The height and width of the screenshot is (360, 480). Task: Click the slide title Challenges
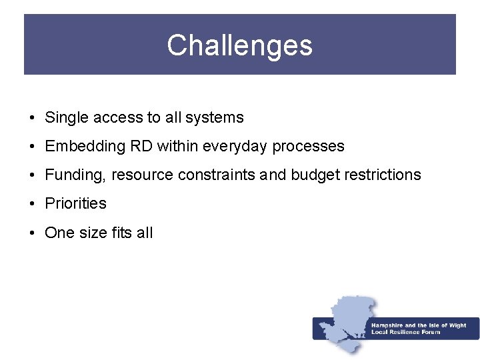click(239, 45)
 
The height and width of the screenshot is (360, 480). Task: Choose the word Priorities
click(75, 204)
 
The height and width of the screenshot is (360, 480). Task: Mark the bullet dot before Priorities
click(32, 204)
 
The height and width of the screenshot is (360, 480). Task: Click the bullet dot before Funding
click(32, 175)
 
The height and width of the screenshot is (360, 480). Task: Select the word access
click(118, 118)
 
